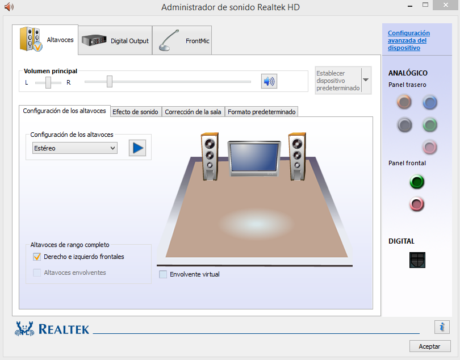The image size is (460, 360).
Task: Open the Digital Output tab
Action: click(115, 40)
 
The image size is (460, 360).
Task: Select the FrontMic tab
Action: click(182, 40)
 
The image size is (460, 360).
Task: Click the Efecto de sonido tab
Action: click(135, 112)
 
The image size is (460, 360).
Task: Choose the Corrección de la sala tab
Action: click(193, 112)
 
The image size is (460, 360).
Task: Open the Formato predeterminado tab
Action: click(261, 112)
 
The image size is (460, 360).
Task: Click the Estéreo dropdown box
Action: click(75, 148)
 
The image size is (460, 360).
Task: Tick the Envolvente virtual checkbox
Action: click(163, 274)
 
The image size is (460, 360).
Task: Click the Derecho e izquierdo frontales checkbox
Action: click(37, 257)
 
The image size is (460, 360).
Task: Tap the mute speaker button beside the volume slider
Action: click(269, 81)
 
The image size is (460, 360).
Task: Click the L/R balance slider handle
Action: click(48, 82)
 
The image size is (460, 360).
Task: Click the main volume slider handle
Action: click(110, 81)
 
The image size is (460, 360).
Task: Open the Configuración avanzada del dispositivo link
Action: click(409, 40)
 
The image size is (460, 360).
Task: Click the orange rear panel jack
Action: click(404, 102)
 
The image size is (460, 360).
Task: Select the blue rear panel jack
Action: click(430, 102)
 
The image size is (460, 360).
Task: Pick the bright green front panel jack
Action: click(417, 182)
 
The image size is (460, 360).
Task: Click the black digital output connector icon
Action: click(417, 260)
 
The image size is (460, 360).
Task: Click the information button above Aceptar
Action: click(442, 327)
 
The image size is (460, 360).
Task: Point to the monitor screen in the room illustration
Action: click(254, 157)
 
